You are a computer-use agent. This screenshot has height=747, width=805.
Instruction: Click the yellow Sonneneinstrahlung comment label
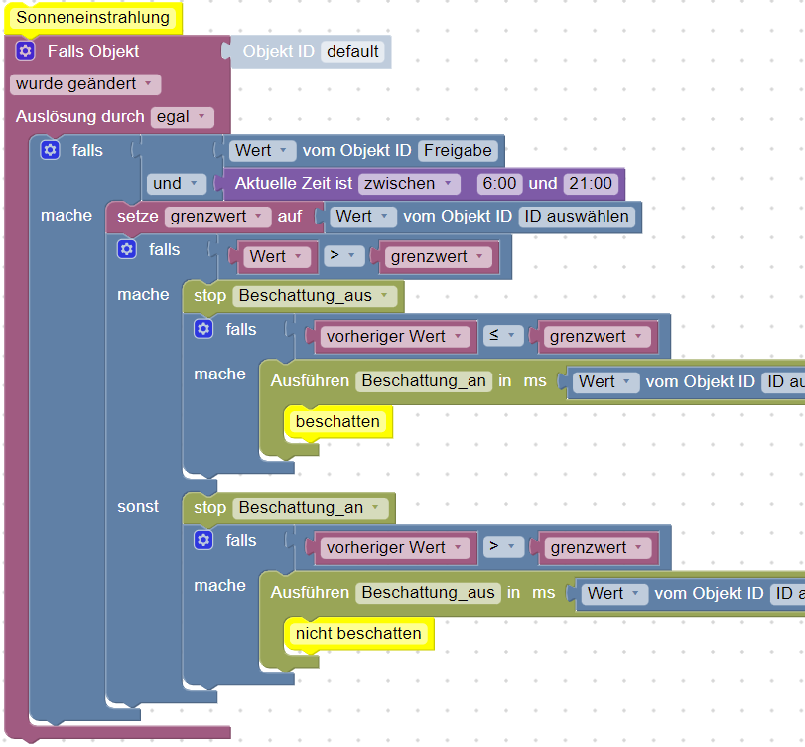[92, 18]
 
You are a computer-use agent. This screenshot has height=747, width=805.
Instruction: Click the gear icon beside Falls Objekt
[26, 51]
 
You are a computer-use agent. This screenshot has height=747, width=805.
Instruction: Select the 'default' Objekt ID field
[354, 51]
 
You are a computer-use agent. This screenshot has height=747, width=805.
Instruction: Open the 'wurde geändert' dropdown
[84, 84]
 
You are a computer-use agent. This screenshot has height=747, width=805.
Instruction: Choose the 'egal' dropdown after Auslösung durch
[182, 117]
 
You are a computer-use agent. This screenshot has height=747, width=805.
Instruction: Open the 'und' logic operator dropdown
[175, 183]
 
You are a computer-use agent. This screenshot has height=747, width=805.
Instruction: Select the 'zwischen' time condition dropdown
[410, 183]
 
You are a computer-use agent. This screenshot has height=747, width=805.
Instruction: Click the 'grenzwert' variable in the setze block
[217, 216]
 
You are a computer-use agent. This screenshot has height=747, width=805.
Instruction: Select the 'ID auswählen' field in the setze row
[577, 216]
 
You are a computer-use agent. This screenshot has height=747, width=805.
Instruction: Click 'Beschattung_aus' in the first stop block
[314, 295]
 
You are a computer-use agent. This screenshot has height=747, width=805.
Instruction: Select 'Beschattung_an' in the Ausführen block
[424, 381]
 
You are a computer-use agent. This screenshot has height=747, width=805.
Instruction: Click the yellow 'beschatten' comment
[337, 421]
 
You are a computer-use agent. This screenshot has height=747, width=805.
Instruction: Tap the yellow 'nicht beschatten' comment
[358, 633]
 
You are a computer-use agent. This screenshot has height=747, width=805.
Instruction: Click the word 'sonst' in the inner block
[138, 507]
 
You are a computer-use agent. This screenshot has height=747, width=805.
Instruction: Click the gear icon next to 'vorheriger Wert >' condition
[203, 540]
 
